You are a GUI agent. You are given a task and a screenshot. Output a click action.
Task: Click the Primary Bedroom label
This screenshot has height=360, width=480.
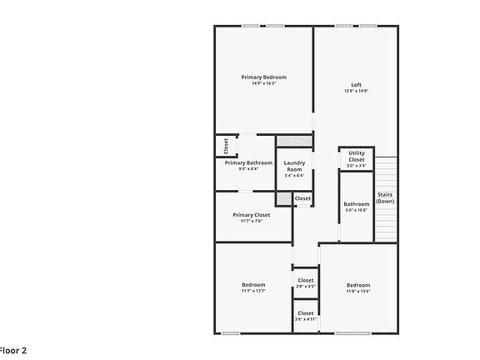pyautogui.click(x=263, y=77)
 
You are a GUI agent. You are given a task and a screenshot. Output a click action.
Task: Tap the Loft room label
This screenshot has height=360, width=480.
pyautogui.click(x=356, y=85)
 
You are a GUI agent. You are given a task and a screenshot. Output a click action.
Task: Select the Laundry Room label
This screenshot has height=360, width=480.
pyautogui.click(x=294, y=166)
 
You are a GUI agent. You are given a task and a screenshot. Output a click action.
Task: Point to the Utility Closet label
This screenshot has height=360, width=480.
pyautogui.click(x=356, y=156)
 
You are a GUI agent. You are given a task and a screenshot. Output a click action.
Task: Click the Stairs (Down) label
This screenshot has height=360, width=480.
pyautogui.click(x=385, y=197)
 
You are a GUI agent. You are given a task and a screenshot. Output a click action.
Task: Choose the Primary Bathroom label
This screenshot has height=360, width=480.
pyautogui.click(x=248, y=162)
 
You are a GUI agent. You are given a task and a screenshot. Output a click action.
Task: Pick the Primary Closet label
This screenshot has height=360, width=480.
pyautogui.click(x=252, y=214)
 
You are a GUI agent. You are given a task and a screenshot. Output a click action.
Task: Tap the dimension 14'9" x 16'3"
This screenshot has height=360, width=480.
pyautogui.click(x=263, y=83)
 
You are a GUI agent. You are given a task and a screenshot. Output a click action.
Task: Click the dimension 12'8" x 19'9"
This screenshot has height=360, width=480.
pyautogui.click(x=356, y=92)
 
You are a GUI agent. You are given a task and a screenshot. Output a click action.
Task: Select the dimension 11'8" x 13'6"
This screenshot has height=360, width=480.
pyautogui.click(x=358, y=291)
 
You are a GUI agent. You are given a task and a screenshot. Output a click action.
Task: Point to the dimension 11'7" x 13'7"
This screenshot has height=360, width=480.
pyautogui.click(x=253, y=291)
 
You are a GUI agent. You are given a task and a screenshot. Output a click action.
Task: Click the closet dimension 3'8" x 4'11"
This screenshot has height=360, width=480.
pyautogui.click(x=306, y=319)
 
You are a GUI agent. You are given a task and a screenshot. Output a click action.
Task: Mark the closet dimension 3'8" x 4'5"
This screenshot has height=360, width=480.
pyautogui.click(x=306, y=287)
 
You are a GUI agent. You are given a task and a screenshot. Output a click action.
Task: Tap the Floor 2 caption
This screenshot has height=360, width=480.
pyautogui.click(x=12, y=351)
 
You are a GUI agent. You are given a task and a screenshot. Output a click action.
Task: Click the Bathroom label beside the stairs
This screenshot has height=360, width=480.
pyautogui.click(x=357, y=203)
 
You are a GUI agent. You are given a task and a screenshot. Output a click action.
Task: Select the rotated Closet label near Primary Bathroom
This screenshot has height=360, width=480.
pyautogui.click(x=226, y=147)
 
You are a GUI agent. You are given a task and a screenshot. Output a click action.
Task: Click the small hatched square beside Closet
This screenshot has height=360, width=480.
pyautogui.click(x=284, y=198)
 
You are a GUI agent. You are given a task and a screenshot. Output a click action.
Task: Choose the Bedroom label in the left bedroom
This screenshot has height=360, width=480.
pyautogui.click(x=253, y=284)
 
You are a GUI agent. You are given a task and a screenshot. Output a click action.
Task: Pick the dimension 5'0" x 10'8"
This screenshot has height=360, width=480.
pyautogui.click(x=357, y=210)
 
